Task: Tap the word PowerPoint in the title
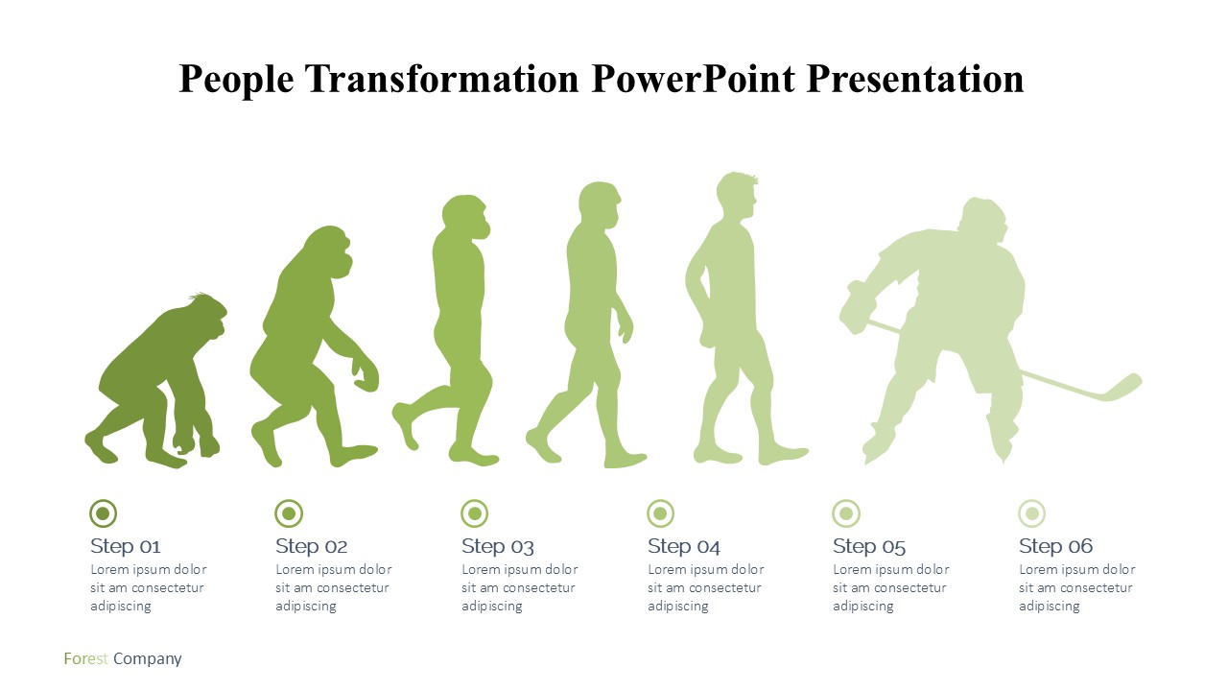point(694,79)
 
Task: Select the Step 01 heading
point(126,546)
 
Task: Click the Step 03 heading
point(498,546)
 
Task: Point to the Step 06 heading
point(1056,546)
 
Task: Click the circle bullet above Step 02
point(289,513)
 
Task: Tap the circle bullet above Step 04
point(661,513)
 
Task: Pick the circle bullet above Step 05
point(846,513)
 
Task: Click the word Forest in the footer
point(86,658)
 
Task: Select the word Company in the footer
point(148,659)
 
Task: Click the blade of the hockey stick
point(1122,388)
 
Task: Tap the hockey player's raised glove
point(857,307)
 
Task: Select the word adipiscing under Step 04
point(678,607)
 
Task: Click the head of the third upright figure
point(466,217)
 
